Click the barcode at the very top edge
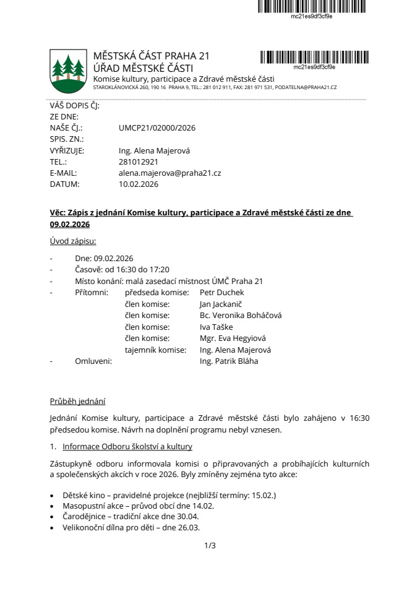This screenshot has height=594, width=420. tap(312, 6)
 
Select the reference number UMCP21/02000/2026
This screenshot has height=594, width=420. tap(157, 128)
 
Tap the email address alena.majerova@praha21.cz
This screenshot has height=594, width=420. tap(169, 173)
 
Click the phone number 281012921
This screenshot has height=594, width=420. tap(139, 162)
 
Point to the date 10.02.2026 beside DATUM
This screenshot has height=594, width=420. tap(139, 184)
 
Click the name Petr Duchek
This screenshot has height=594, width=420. tap(222, 292)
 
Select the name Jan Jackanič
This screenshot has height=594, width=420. tap(221, 304)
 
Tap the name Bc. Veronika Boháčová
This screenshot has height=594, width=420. tap(240, 316)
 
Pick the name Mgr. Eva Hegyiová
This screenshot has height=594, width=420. tap(233, 338)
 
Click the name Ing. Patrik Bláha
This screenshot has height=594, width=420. tap(229, 361)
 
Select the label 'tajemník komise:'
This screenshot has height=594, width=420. tap(155, 350)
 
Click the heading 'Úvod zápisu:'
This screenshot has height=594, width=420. tap(73, 241)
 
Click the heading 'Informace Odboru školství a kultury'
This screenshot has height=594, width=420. tap(127, 447)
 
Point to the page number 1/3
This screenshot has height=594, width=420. tap(210, 546)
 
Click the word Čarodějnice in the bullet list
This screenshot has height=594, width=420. tap(84, 516)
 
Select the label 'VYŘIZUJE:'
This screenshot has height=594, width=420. tap(67, 150)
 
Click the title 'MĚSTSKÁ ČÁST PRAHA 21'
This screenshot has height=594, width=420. tap(152, 56)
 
